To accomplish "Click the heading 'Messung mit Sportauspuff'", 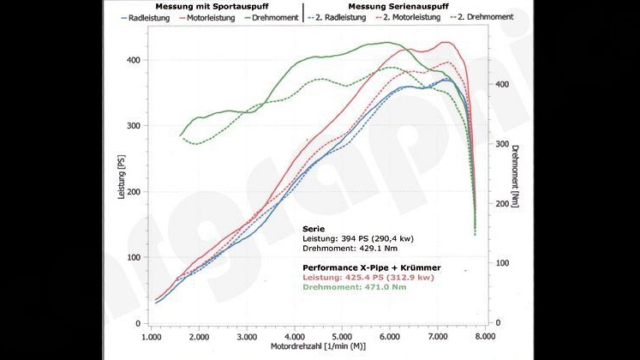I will (207, 5).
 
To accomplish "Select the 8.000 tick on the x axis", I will (486, 338).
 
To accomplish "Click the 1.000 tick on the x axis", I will (151, 338).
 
